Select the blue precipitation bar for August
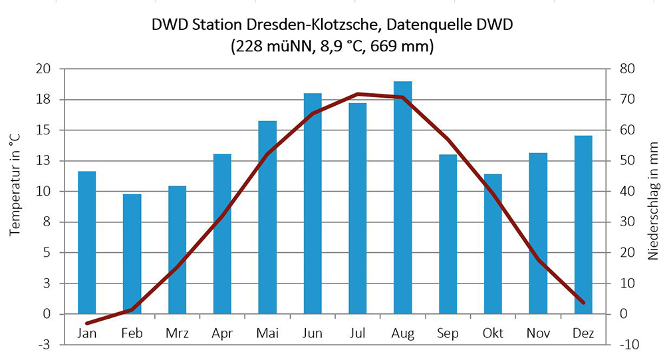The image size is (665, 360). click(x=402, y=197)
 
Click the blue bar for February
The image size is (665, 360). click(x=132, y=254)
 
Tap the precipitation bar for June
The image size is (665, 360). click(x=313, y=203)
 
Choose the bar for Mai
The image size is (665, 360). click(x=267, y=217)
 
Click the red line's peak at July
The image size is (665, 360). click(x=358, y=94)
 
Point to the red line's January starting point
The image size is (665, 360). click(x=87, y=323)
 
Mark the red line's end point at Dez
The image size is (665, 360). click(x=583, y=303)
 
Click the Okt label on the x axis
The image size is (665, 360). click(x=493, y=333)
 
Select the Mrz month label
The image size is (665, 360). click(x=177, y=333)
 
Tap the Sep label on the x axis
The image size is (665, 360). click(x=448, y=333)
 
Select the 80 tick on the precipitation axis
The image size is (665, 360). click(x=628, y=69)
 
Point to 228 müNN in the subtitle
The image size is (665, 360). click(x=274, y=47)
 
